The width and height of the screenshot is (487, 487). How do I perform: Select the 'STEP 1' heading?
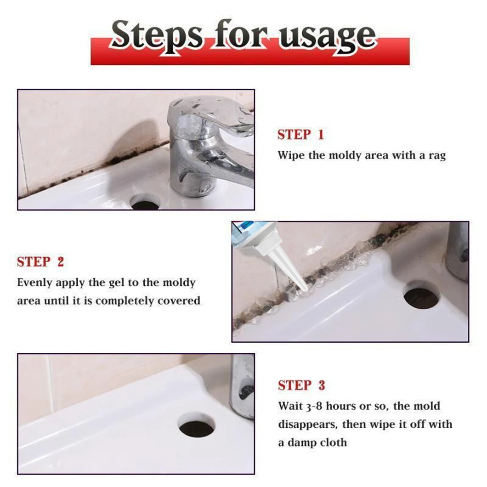(300, 135)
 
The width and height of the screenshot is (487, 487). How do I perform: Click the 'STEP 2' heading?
(40, 262)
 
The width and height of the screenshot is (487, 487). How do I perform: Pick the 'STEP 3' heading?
(301, 385)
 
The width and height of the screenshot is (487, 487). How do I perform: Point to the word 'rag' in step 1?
(437, 156)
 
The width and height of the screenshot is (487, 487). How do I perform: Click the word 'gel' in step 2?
(117, 283)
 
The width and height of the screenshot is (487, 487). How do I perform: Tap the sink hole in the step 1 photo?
(145, 202)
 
